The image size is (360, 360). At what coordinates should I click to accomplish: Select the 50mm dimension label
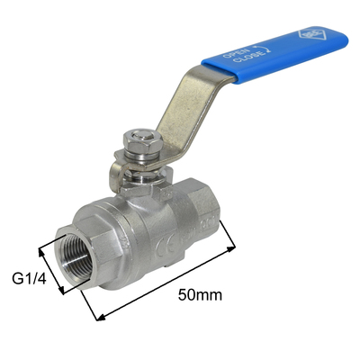tap(199, 294)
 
